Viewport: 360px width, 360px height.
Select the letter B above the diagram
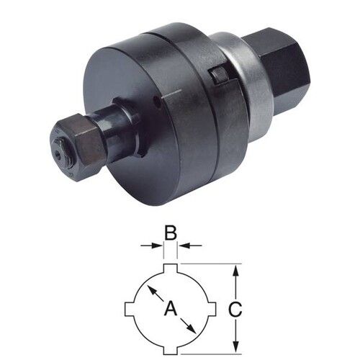[170, 233]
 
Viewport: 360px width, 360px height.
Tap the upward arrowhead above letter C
[236, 269]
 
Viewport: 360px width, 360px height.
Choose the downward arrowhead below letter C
[236, 346]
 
